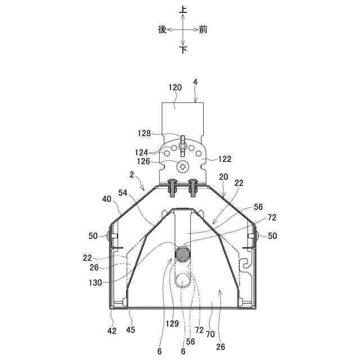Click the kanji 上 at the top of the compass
pyautogui.click(x=183, y=10)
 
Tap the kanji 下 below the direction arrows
pyautogui.click(x=183, y=49)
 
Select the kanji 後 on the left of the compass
pyautogui.click(x=163, y=30)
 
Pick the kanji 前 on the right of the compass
pyautogui.click(x=203, y=30)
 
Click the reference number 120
pyautogui.click(x=175, y=88)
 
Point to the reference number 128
pyautogui.click(x=144, y=133)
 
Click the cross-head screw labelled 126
pyautogui.click(x=183, y=167)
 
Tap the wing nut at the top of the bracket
pyautogui.click(x=182, y=146)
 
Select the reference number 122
pyautogui.click(x=224, y=159)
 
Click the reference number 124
pyautogui.click(x=141, y=152)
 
